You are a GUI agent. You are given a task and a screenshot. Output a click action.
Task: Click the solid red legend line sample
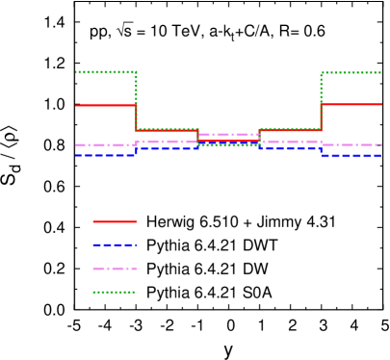(115, 221)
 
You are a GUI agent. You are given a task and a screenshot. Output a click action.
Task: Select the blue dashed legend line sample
(115, 244)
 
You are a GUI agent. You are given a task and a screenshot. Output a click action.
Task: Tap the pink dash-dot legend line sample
(115, 269)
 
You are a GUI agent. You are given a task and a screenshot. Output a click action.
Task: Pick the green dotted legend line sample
(114, 292)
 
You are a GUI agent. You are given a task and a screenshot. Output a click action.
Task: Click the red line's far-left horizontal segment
(105, 105)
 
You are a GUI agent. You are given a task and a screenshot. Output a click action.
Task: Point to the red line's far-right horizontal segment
(351, 104)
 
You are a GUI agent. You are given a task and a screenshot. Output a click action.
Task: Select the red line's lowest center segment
(228, 141)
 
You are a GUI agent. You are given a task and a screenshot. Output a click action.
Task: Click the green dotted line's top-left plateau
(106, 72)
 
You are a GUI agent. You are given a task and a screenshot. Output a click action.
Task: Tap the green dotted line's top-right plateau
(351, 72)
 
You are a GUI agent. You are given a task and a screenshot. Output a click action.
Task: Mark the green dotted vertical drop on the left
(136, 100)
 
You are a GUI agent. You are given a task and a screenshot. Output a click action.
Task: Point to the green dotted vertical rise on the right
(321, 100)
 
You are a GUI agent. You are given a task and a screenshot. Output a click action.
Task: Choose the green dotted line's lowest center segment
(228, 145)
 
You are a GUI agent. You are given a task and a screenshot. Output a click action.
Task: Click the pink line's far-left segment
(105, 145)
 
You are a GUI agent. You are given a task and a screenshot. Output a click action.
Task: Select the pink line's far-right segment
(351, 145)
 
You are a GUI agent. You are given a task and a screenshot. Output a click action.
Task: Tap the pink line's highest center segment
(228, 135)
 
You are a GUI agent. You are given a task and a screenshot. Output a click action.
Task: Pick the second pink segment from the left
(167, 142)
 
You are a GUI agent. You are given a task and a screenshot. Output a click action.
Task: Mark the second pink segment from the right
(290, 142)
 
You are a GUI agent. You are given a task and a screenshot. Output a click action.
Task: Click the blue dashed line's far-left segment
(105, 155)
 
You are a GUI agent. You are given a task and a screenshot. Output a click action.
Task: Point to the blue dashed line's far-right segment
(351, 155)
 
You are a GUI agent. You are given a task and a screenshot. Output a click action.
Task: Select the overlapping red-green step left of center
(167, 129)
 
